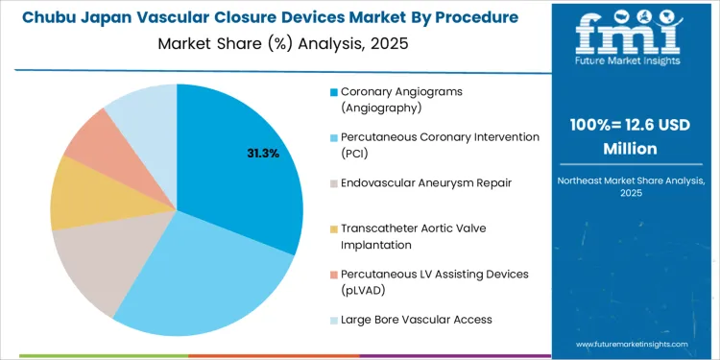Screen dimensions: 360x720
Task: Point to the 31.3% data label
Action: click(x=261, y=153)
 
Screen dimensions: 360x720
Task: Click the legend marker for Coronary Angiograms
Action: click(x=333, y=92)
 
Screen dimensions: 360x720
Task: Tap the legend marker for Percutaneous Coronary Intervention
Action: click(x=333, y=137)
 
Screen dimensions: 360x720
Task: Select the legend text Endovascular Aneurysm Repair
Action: click(x=412, y=182)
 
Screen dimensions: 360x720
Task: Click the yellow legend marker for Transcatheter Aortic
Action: click(x=333, y=228)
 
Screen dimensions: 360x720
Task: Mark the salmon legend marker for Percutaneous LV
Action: click(x=333, y=275)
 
